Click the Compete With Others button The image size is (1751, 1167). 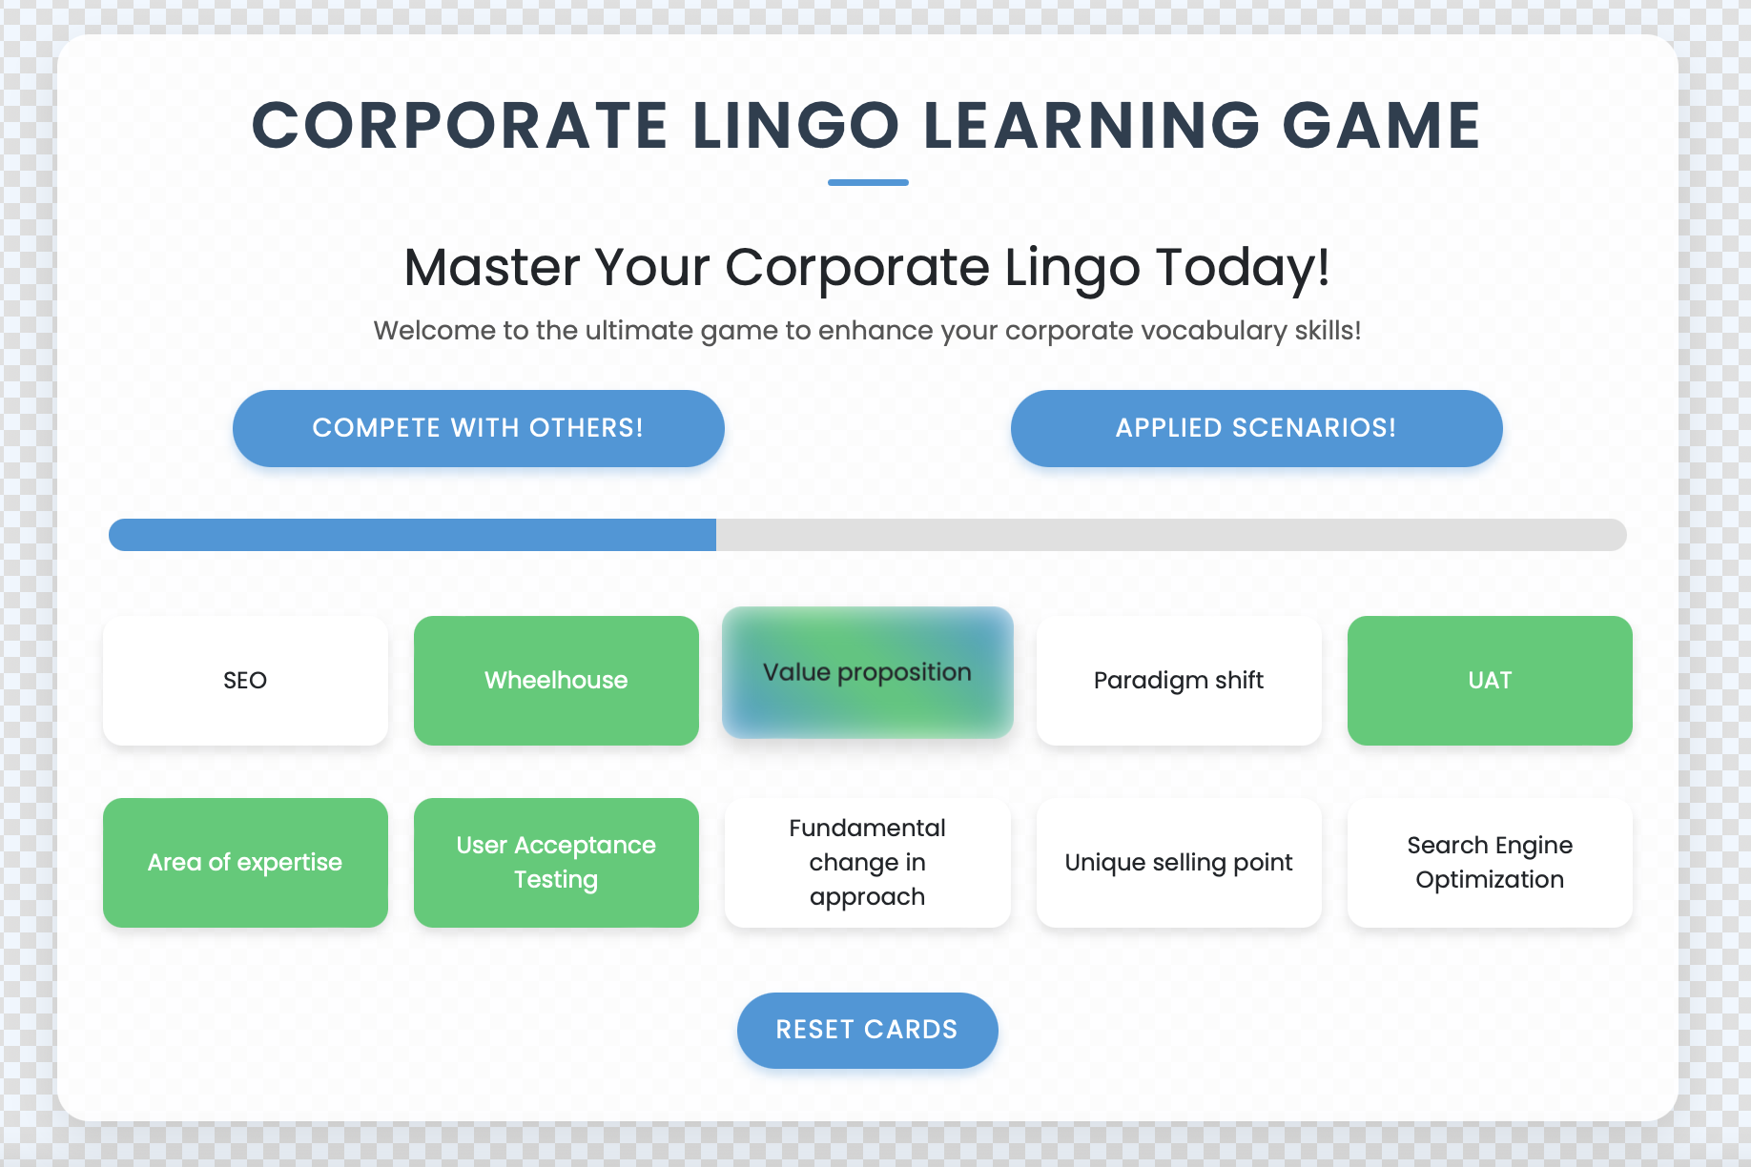(x=478, y=428)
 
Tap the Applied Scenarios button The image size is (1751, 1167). (x=1256, y=428)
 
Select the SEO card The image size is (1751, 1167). (x=245, y=681)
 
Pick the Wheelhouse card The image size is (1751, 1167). (x=556, y=681)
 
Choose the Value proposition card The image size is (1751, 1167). (x=867, y=672)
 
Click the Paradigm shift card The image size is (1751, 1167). (x=1179, y=681)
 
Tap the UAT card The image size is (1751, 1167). (x=1490, y=681)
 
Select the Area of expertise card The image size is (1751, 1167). (x=245, y=863)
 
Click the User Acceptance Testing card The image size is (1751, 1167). (x=556, y=863)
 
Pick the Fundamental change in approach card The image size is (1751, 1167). (x=867, y=863)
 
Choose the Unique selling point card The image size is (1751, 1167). (x=1179, y=863)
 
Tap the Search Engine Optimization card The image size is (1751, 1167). (x=1490, y=863)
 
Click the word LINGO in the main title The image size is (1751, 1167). (x=796, y=126)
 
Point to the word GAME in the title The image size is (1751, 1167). (x=1381, y=126)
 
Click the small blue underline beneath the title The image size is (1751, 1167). (x=868, y=182)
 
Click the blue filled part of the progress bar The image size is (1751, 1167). (x=412, y=535)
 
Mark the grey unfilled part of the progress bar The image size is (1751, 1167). (x=1171, y=535)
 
